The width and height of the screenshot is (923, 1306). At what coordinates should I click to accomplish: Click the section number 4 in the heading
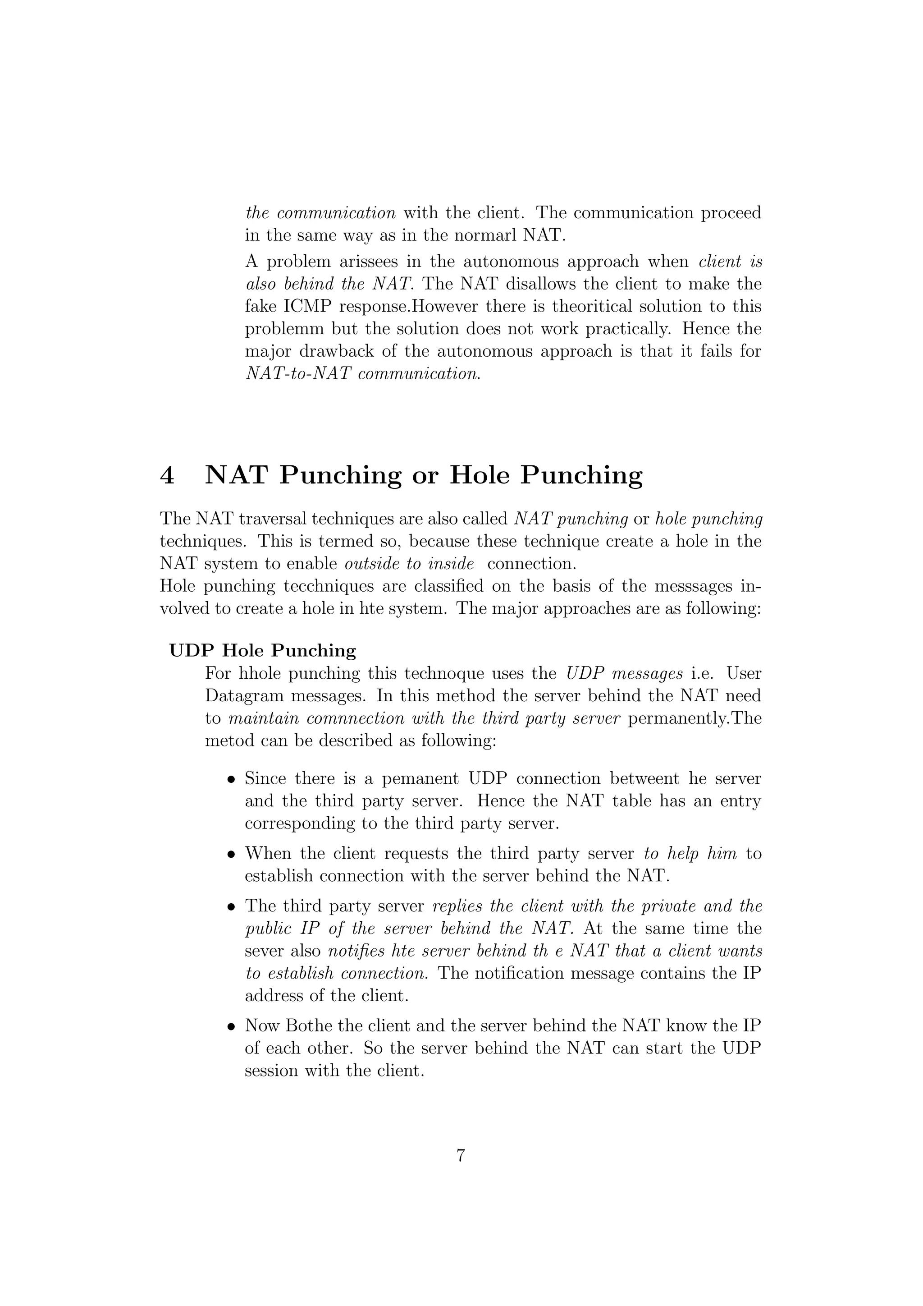click(167, 475)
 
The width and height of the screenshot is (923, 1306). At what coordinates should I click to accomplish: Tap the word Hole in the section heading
click(480, 475)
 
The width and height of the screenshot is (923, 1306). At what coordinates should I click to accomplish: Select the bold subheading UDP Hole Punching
click(263, 650)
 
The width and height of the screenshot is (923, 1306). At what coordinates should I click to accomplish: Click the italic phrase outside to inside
click(409, 564)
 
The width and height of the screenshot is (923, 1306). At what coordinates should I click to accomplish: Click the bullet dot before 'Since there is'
click(231, 780)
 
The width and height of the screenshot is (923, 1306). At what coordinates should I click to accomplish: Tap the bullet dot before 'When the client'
click(231, 855)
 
